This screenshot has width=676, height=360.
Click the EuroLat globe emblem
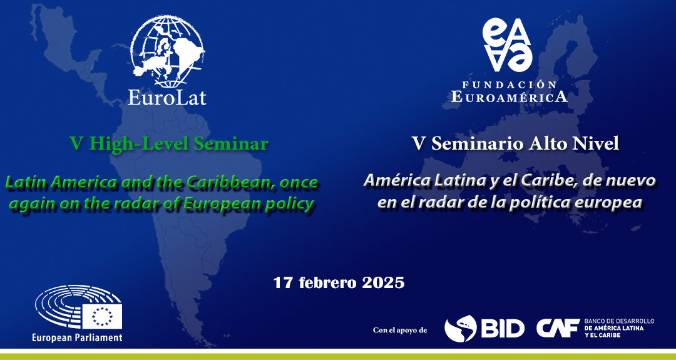point(167,51)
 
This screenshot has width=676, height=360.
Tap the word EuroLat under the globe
point(167,98)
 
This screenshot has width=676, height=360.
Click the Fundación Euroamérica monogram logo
point(507,45)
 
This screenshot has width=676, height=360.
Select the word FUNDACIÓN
point(509,85)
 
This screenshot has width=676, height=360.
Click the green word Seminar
point(231,144)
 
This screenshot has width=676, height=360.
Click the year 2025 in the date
point(383,283)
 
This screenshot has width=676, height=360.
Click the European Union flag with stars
point(102,316)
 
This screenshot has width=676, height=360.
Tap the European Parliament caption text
point(77,337)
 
